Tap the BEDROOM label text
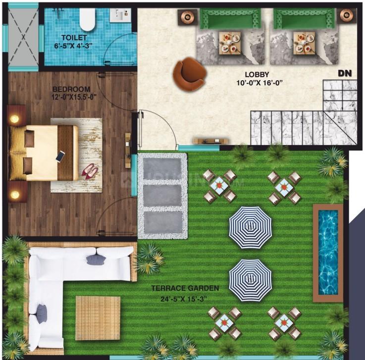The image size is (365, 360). click(x=71, y=89)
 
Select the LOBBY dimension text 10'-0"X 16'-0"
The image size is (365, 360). click(x=260, y=83)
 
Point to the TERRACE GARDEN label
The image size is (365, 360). click(x=185, y=288)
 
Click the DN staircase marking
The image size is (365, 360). click(x=345, y=74)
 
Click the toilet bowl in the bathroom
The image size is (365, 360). click(x=87, y=19)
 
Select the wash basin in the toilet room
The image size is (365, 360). click(x=120, y=15)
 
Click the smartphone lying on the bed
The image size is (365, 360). click(x=60, y=156)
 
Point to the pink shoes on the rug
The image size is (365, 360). click(x=89, y=171)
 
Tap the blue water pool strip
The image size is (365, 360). click(x=328, y=252)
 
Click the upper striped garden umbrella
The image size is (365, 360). click(x=250, y=228)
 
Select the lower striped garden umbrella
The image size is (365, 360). click(x=250, y=280)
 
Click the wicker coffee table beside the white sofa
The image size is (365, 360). click(x=98, y=318)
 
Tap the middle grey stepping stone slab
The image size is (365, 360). click(x=162, y=196)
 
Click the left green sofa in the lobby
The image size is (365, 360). click(x=230, y=19)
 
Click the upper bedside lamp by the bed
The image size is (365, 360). click(x=15, y=118)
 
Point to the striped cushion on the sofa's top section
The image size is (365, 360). click(x=96, y=259)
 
